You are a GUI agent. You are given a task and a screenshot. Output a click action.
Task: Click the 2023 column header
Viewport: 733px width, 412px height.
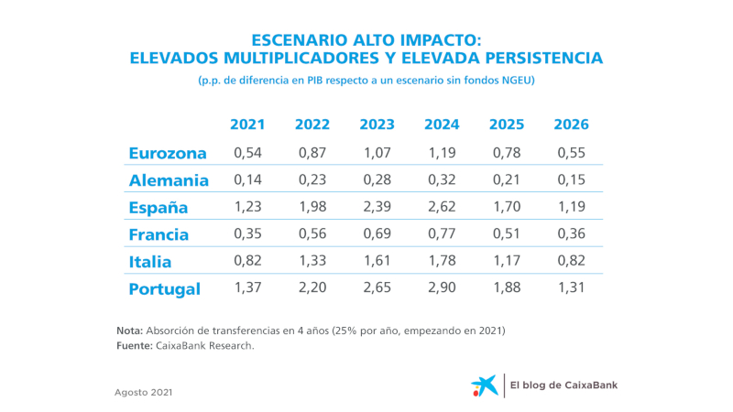click(377, 125)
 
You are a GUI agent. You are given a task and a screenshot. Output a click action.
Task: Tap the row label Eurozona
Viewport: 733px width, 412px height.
click(168, 153)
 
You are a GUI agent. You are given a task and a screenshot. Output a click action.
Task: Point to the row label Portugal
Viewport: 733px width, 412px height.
click(165, 288)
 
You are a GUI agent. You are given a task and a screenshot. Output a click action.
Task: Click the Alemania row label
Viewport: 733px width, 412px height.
click(170, 180)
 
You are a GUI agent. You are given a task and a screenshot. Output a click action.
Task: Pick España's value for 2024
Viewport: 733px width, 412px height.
click(443, 207)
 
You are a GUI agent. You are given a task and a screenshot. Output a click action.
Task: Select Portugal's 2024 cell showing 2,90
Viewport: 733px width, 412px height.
click(443, 288)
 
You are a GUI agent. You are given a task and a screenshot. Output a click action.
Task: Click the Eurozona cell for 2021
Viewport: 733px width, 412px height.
click(247, 153)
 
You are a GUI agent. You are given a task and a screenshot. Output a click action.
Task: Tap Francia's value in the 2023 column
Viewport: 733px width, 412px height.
click(377, 234)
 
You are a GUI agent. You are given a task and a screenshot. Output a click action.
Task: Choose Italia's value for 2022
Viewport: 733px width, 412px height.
click(312, 262)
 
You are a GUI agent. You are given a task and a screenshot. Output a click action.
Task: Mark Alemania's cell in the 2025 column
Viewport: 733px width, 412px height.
click(507, 180)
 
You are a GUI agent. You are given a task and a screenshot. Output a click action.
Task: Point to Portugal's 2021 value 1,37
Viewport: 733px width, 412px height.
click(247, 288)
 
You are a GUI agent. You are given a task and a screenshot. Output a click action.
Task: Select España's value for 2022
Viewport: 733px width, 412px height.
click(312, 207)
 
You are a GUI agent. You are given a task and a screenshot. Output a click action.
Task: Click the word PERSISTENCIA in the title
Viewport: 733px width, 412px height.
click(539, 58)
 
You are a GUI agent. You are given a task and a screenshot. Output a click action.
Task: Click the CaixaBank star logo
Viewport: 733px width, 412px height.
click(486, 385)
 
